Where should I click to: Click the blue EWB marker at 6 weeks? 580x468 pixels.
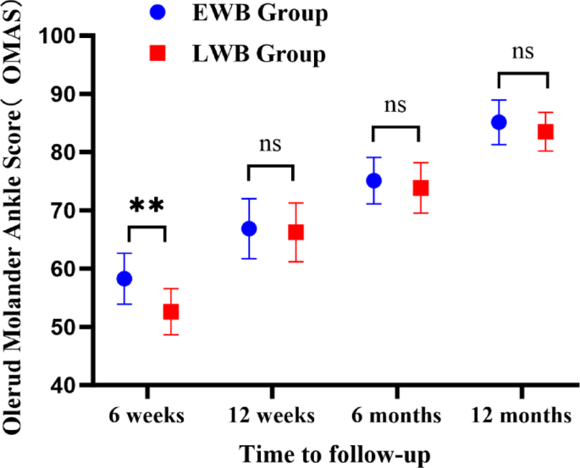click(124, 278)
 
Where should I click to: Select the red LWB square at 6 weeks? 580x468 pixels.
click(171, 311)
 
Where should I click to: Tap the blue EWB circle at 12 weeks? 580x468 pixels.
click(249, 228)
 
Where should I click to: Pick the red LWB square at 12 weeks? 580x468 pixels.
click(296, 232)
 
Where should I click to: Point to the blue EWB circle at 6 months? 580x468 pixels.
click(373, 180)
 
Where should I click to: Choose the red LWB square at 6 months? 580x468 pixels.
click(420, 188)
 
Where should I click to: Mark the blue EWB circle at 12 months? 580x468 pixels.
click(499, 122)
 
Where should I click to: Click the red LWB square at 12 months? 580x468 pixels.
click(545, 131)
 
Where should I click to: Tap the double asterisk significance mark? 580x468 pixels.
click(146, 206)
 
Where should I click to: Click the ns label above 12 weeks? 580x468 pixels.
click(270, 145)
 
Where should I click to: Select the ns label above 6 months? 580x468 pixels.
click(395, 106)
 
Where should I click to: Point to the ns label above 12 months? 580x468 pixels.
click(522, 52)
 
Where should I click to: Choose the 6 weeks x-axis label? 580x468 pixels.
click(146, 416)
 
